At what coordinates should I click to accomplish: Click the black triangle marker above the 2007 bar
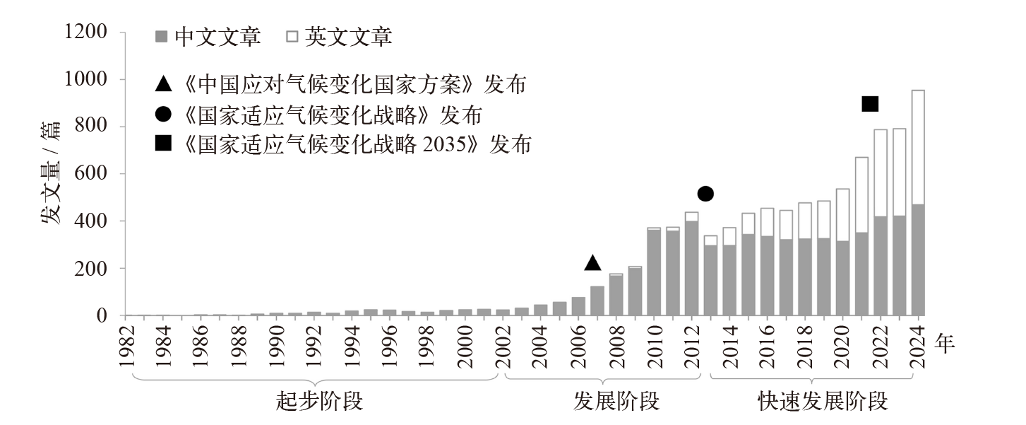[x=593, y=263]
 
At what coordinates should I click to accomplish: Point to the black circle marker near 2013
[x=705, y=194]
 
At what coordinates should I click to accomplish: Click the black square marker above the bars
[x=870, y=104]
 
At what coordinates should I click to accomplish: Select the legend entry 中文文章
[x=209, y=37]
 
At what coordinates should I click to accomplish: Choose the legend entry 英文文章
[x=339, y=37]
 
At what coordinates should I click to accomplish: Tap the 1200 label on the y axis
[x=85, y=33]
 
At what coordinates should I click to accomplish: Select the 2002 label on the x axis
[x=503, y=346]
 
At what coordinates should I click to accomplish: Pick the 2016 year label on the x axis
[x=768, y=346]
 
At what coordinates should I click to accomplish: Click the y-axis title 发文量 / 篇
[x=51, y=173]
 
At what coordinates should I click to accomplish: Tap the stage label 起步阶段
[x=319, y=402]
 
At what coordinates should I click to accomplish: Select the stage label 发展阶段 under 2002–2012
[x=616, y=402]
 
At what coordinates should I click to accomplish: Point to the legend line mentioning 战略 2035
[x=343, y=145]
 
